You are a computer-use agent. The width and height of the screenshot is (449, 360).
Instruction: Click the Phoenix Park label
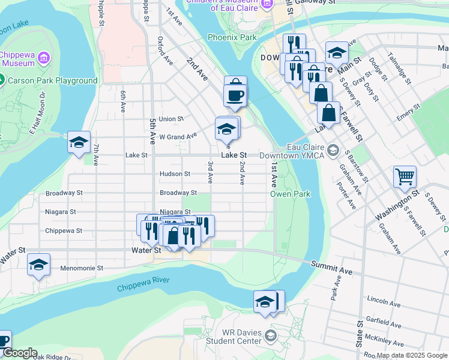pos(232,37)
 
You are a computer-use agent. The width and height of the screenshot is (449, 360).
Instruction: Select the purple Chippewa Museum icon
pos(43,58)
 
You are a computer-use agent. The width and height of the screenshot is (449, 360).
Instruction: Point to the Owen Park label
pos(290,194)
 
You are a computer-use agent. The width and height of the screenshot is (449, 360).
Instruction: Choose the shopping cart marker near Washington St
pos(405,177)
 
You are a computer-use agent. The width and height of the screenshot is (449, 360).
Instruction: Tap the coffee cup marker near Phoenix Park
pos(235,95)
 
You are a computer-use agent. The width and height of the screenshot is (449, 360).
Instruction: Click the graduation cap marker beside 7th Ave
pos(79,142)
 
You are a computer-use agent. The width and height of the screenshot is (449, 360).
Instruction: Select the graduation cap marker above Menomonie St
pos(39,264)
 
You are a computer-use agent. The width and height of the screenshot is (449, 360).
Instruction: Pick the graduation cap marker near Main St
pos(337,53)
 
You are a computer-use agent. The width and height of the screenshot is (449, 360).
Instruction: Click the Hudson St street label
pos(175,174)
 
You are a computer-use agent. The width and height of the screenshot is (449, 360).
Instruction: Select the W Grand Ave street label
pos(178,137)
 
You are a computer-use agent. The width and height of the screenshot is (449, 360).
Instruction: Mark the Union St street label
pos(171,119)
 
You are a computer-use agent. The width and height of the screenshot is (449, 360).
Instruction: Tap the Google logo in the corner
pos(19,353)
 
